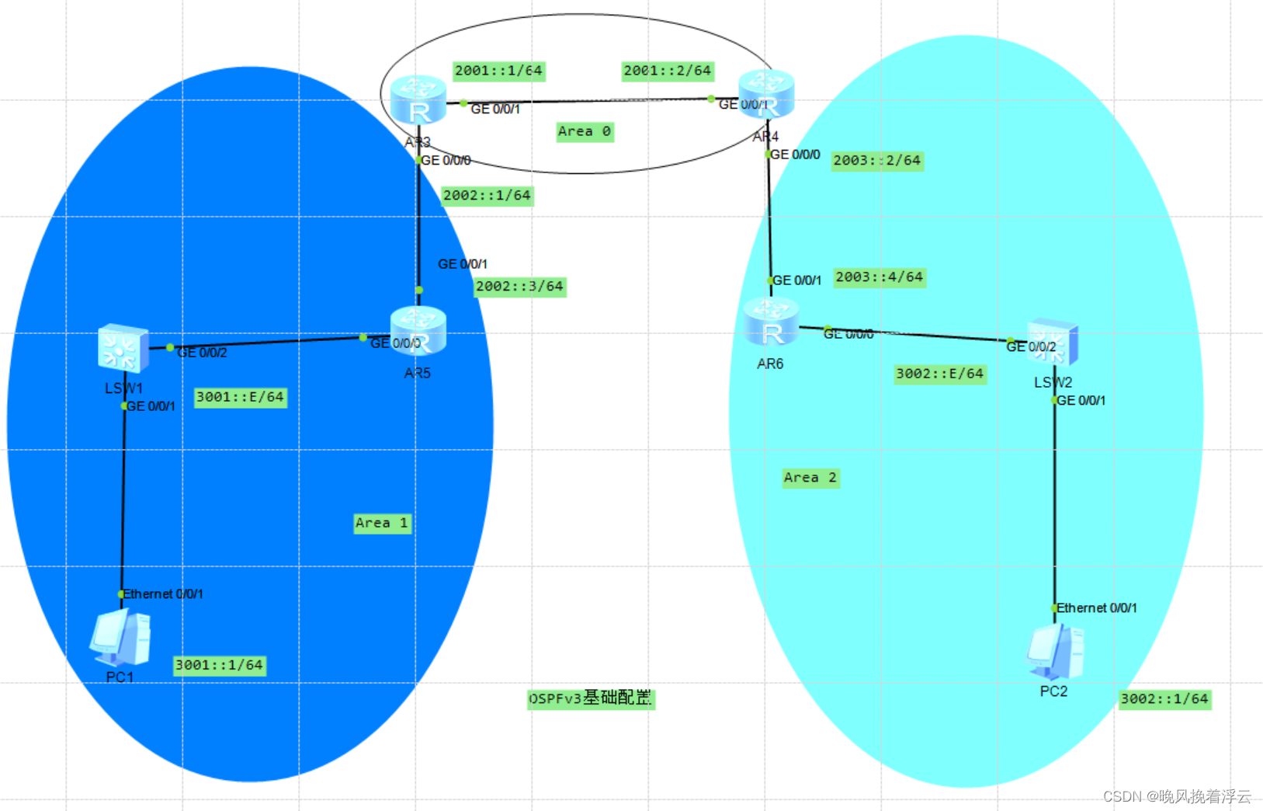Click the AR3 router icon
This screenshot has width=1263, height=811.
pos(418,101)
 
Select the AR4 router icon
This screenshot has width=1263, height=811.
pos(766,94)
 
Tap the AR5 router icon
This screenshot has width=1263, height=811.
pos(418,332)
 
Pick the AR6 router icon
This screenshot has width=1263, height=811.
pos(771,323)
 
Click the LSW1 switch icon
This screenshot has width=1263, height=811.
pos(123,349)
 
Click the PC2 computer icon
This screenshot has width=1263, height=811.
pos(1055,651)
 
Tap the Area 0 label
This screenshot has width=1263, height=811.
pos(585,131)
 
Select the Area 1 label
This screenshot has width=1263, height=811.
pos(381,523)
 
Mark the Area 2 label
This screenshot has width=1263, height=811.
pos(810,478)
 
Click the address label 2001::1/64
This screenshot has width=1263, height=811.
pos(498,71)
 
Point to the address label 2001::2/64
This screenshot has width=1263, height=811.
pos(668,71)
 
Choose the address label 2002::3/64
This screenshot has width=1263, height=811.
pos(519,287)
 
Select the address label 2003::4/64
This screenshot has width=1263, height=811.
pos(880,277)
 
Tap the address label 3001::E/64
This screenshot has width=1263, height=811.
pos(240,397)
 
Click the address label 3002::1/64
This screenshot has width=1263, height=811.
pos(1164,699)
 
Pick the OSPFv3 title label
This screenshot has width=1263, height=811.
pos(591,698)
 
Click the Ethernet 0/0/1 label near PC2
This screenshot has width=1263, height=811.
pos(1096,608)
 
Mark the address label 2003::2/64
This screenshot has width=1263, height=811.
pos(877,161)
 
